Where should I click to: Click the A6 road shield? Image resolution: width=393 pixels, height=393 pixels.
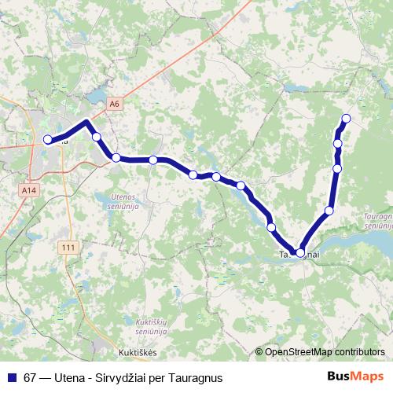pyautogui.click(x=116, y=103)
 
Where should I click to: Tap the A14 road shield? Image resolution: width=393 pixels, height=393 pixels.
pyautogui.click(x=30, y=190)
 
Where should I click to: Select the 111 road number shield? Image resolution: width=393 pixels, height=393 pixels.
pyautogui.click(x=69, y=248)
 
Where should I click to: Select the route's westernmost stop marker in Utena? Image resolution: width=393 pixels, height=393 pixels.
pyautogui.click(x=48, y=140)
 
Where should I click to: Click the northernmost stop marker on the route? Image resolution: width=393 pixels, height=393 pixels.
pyautogui.click(x=344, y=119)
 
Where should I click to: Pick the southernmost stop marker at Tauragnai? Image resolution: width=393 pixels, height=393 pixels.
pyautogui.click(x=300, y=252)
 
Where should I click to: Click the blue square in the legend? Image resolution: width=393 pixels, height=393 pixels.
pyautogui.click(x=11, y=376)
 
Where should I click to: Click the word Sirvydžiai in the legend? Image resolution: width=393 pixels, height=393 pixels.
pyautogui.click(x=119, y=376)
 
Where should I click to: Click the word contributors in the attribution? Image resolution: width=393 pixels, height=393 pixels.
pyautogui.click(x=358, y=353)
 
